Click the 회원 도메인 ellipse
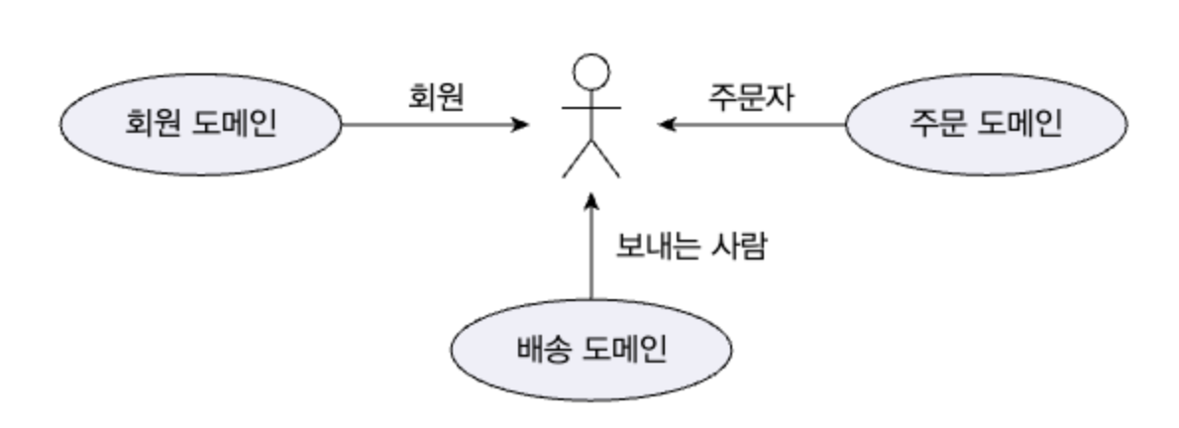point(200,125)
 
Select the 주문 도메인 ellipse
point(986,125)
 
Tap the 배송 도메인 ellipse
point(591,349)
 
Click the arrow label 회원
point(436,97)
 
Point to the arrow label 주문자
point(750,97)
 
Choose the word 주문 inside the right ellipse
point(941,125)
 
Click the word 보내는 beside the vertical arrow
point(661,245)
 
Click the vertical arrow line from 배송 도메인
point(591,258)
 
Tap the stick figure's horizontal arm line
point(591,106)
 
